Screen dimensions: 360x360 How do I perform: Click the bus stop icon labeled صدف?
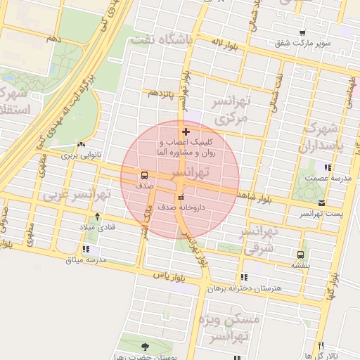[144, 175]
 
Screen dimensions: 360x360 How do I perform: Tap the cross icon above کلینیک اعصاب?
[186, 131]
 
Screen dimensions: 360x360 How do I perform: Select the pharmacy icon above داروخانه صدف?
[181, 197]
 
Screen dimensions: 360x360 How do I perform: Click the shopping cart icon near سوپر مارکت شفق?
[302, 32]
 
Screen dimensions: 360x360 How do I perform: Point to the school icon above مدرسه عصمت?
[327, 167]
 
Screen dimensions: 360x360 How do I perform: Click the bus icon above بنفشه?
[300, 255]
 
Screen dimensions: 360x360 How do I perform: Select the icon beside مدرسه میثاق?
[86, 249]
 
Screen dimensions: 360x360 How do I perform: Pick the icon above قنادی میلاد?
[97, 215]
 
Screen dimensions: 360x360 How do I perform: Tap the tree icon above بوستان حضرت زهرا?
[145, 346]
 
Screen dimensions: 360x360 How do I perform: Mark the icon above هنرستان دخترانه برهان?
[244, 278]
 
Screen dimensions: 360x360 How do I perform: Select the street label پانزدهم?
[159, 93]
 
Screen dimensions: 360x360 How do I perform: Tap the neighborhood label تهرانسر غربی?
[77, 193]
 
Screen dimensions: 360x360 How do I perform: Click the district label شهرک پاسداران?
[328, 139]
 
